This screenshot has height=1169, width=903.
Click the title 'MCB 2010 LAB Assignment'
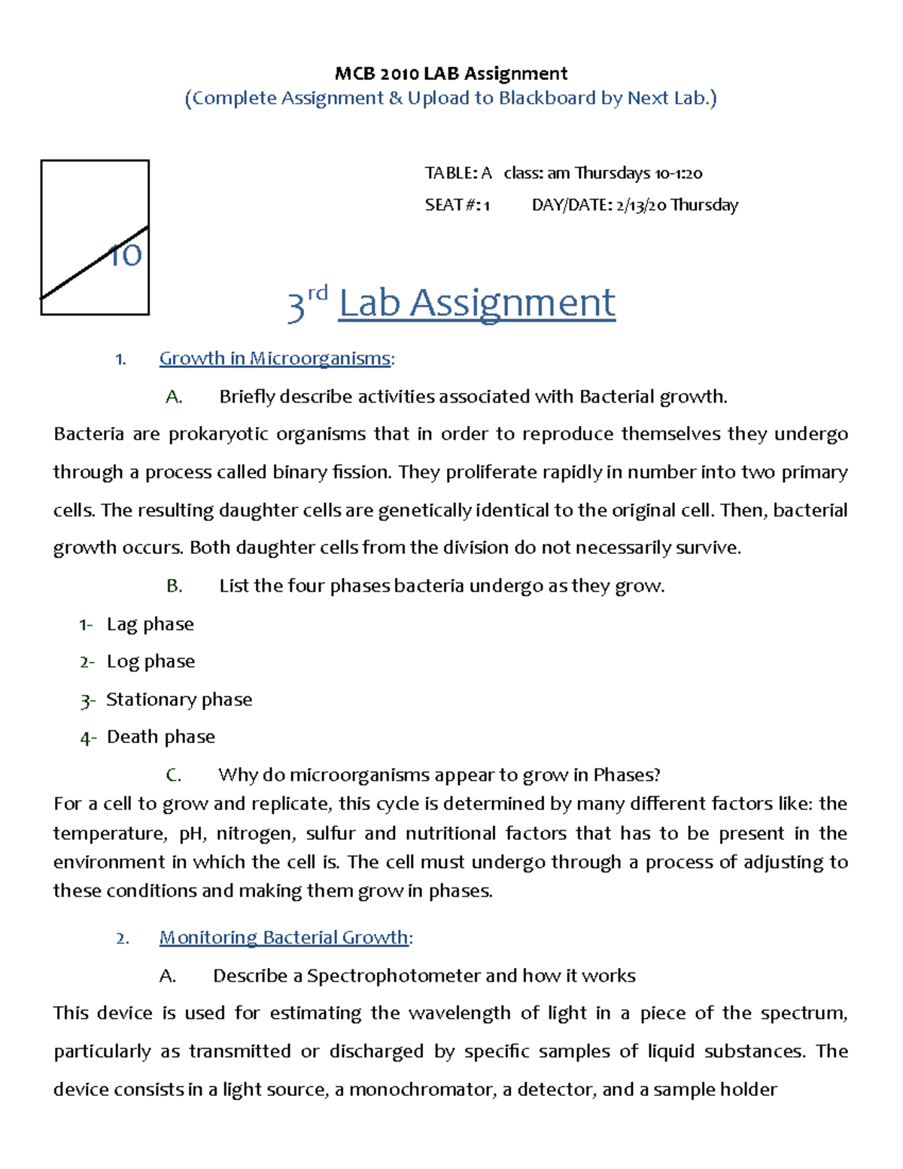[451, 73]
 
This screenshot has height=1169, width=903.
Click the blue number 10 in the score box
[125, 255]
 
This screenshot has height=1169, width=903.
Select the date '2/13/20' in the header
[641, 205]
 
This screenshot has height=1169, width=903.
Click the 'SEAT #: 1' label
[457, 205]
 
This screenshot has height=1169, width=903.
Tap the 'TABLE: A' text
[458, 173]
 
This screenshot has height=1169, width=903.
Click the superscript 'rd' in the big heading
[318, 293]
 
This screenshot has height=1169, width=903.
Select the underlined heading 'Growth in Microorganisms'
[275, 358]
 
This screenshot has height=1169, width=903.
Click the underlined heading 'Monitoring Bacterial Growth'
[284, 937]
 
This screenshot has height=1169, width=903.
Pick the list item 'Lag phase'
[150, 624]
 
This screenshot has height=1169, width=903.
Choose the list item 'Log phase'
[150, 661]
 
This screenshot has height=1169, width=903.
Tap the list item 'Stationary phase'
[179, 699]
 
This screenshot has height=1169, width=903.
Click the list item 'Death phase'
[160, 736]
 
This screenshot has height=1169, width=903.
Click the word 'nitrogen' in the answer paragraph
[259, 833]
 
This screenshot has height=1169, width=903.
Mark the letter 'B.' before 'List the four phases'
[175, 586]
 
